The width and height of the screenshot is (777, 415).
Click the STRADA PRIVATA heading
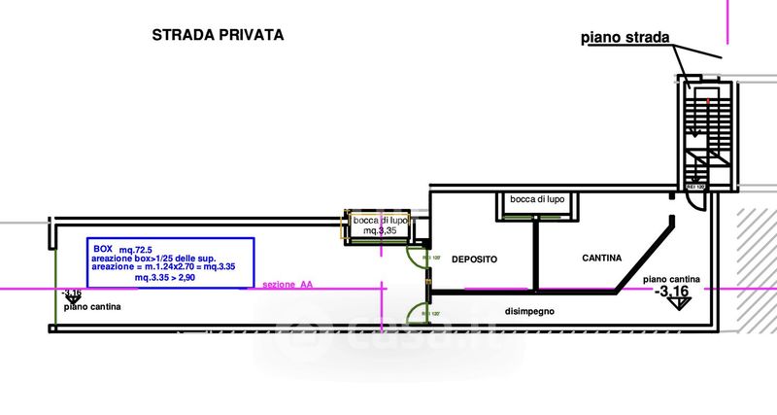click(218, 35)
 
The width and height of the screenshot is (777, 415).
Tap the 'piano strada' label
click(625, 38)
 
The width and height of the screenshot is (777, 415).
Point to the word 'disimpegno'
click(529, 311)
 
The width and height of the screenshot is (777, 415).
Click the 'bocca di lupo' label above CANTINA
click(535, 199)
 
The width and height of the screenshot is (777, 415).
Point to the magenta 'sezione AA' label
click(287, 285)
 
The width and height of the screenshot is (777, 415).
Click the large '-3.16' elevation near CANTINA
click(673, 291)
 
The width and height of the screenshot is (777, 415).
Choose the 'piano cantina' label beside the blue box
click(93, 307)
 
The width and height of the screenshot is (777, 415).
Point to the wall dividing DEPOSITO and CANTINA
click(534, 255)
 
